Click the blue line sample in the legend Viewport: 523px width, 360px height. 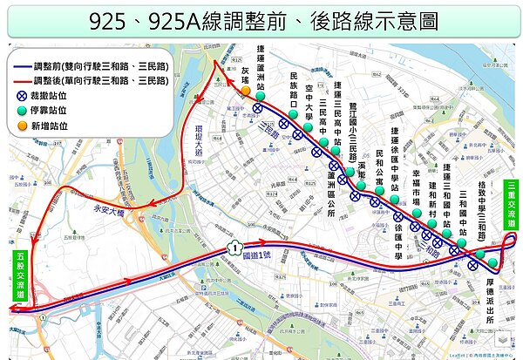[19, 66]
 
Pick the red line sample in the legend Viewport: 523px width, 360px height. [19, 80]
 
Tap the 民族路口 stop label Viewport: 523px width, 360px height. [295, 89]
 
